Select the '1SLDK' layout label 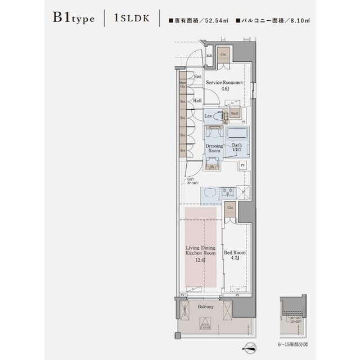pos(132,19)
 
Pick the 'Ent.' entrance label pos(197,76)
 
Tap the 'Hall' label pos(197,101)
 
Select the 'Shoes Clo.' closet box pos(183,85)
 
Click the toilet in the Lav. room pos(220,116)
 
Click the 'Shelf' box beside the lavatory pos(235,113)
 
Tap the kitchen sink pos(209,192)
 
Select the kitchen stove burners pos(228,192)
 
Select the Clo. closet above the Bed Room pos(231,209)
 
